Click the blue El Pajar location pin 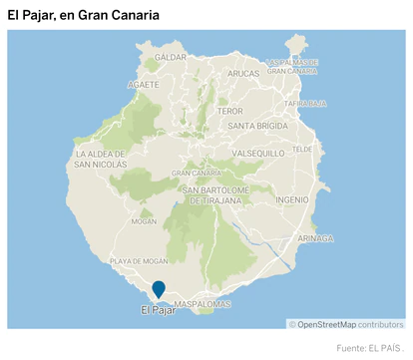coord(159,289)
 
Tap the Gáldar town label coord(171,58)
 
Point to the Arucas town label coord(243,74)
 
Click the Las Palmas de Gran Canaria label coord(292,67)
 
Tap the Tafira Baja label coord(305,103)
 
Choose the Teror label coord(229,111)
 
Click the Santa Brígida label coord(258,127)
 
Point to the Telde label coord(303,149)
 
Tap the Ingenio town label coord(292,199)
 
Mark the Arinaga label coord(315,238)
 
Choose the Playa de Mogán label coord(138,260)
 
